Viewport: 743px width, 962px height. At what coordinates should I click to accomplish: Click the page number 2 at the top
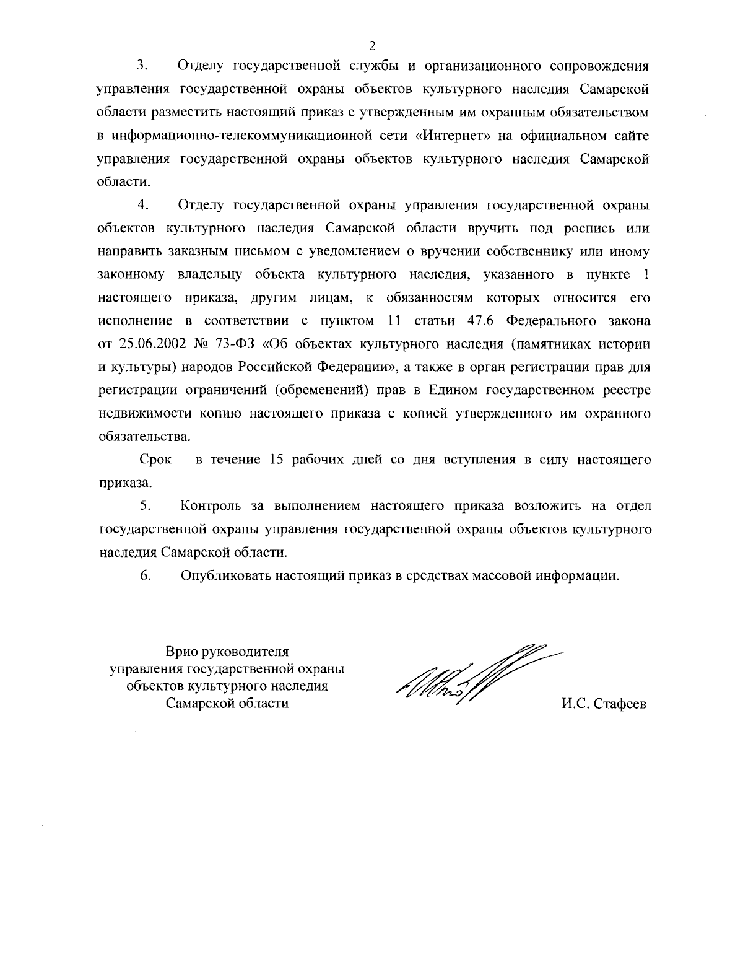(371, 45)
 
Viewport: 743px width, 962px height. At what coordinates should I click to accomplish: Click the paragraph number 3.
(140, 64)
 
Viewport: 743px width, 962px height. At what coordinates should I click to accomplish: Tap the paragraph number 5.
(145, 505)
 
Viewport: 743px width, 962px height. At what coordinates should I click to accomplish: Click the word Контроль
(211, 505)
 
